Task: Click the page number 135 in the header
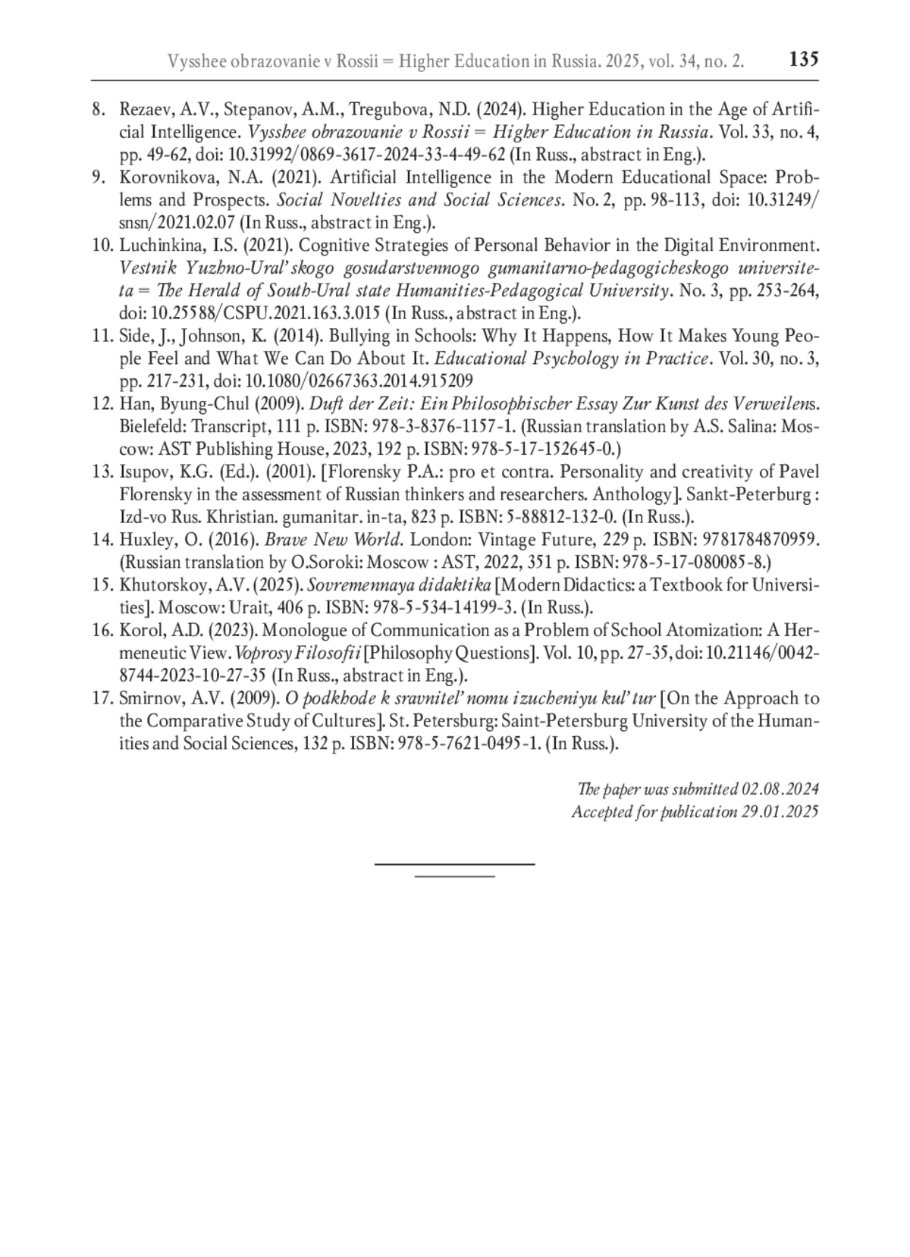click(x=803, y=58)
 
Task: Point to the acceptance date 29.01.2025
click(x=780, y=812)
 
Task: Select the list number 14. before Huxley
click(x=102, y=540)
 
